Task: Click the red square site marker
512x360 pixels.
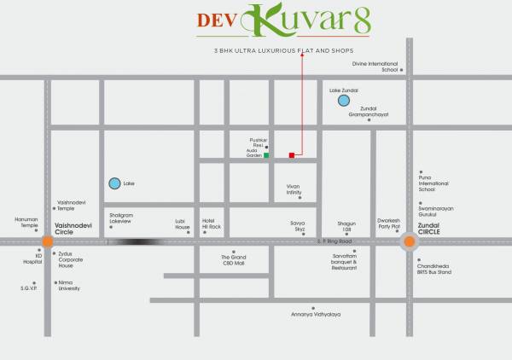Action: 292,155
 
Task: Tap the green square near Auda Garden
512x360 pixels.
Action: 266,156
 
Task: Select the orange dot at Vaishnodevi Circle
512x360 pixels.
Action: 48,241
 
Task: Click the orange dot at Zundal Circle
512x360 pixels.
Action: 410,241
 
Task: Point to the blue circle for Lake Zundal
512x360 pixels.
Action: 343,101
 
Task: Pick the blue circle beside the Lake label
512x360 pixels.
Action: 115,183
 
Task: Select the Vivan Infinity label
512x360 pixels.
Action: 294,190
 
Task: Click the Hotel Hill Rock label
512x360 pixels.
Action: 211,224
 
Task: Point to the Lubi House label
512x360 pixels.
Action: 183,224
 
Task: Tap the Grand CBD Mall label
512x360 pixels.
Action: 234,260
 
